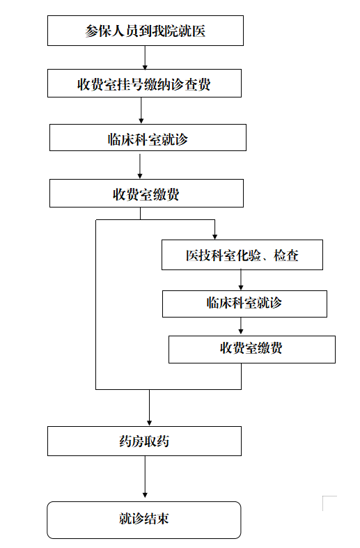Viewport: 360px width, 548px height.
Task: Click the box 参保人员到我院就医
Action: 146,31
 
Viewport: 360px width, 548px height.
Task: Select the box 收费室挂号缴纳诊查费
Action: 144,83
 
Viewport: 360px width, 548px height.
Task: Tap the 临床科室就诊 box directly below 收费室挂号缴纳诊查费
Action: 148,138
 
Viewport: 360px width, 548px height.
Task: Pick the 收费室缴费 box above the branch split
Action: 146,194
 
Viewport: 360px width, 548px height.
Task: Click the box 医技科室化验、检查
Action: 242,255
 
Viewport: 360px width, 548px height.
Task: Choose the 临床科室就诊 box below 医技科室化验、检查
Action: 244,304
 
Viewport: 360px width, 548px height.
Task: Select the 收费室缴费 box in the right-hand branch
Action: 252,350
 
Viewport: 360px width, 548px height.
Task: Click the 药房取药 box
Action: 144,441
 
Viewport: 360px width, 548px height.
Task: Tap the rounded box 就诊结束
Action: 144,520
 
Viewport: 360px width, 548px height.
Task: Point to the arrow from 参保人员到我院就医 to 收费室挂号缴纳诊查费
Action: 145,58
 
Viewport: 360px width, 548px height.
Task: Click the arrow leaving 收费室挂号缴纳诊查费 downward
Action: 141,111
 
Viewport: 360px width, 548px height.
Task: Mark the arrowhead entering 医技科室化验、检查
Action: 214,237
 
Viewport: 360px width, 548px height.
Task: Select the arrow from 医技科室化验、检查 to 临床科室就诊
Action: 241,280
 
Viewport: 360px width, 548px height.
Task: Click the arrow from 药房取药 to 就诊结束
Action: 145,477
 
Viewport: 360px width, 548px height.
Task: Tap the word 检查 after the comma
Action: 286,256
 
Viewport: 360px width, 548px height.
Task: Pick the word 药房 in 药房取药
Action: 132,441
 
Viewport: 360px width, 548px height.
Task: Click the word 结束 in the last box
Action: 157,518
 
